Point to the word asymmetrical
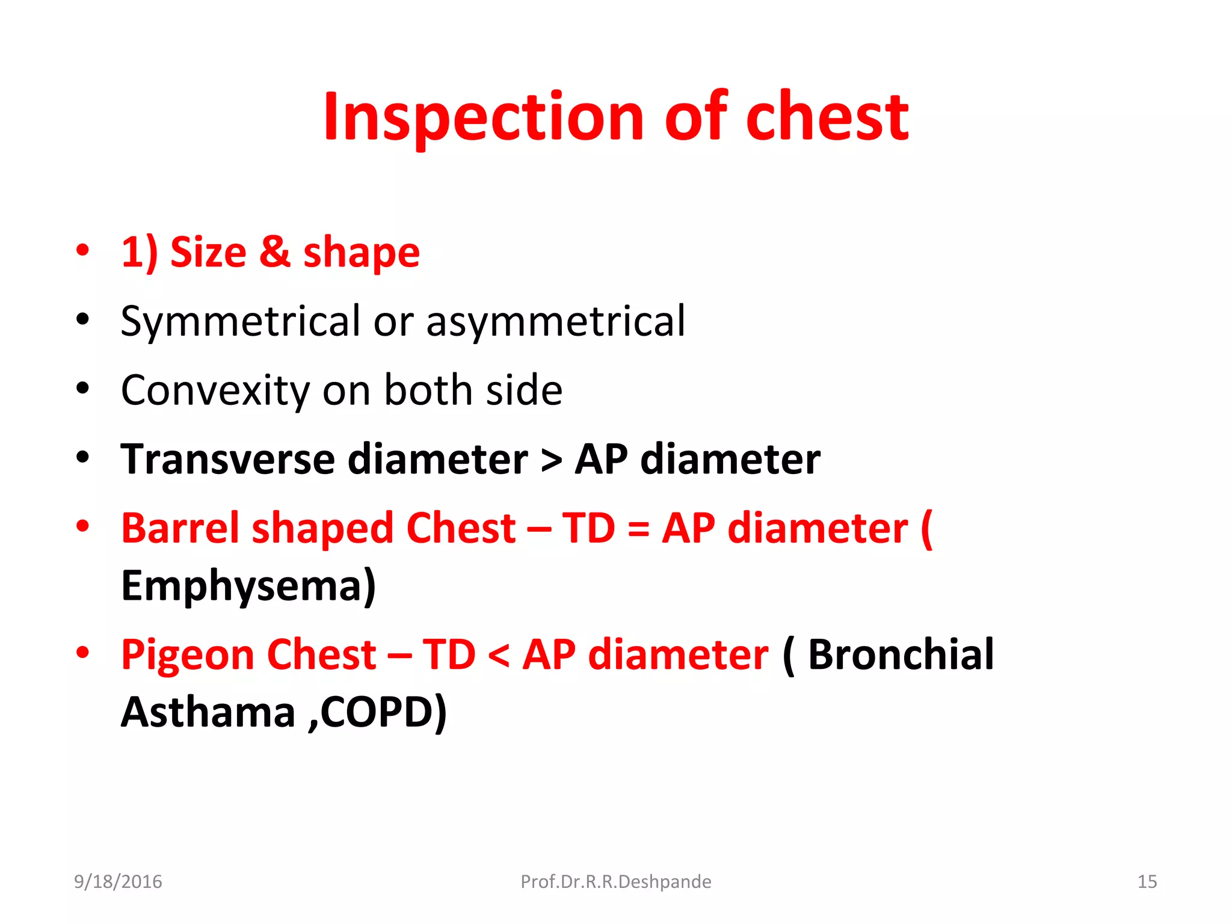click(x=555, y=321)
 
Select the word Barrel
click(x=180, y=528)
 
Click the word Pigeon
click(x=188, y=654)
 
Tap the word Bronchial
click(x=901, y=654)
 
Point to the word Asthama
click(x=208, y=712)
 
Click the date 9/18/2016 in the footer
click(x=118, y=882)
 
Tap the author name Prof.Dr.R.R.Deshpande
click(x=615, y=882)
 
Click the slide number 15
click(x=1147, y=882)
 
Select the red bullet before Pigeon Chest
click(x=83, y=652)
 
